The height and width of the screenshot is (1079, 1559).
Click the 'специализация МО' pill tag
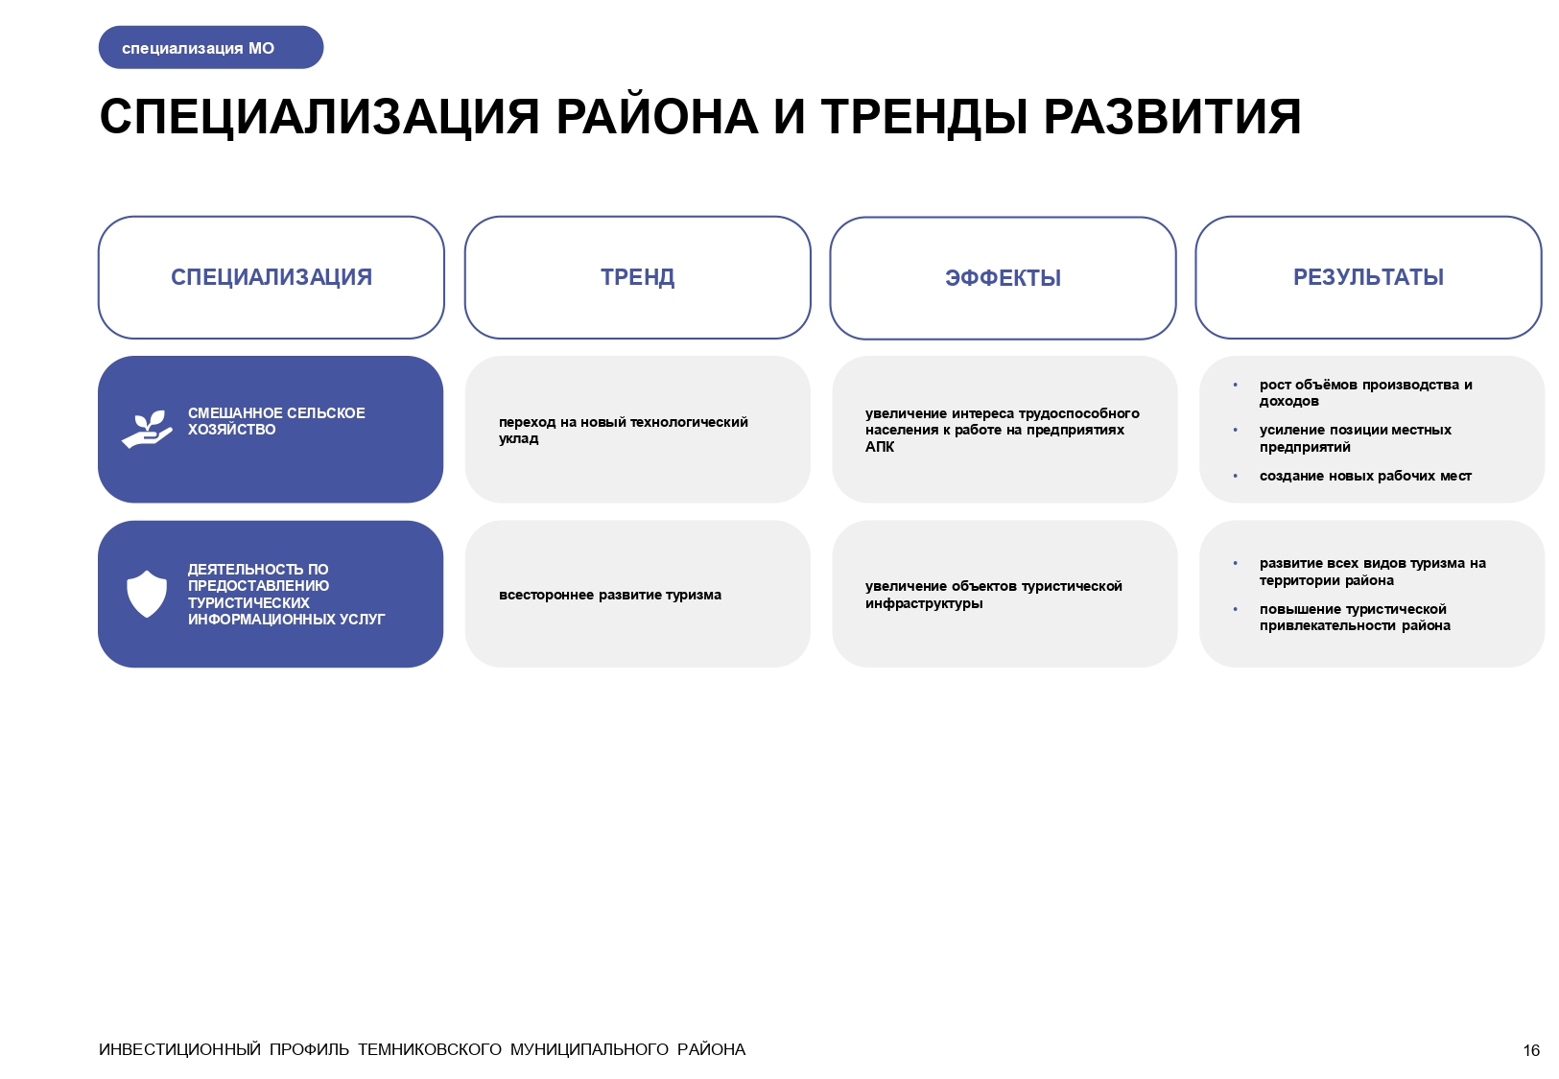click(x=210, y=48)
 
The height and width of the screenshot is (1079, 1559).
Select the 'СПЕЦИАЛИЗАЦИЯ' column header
click(x=272, y=277)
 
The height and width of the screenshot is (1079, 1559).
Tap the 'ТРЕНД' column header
click(x=637, y=277)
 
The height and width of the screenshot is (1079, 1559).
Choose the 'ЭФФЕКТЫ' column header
click(x=1003, y=278)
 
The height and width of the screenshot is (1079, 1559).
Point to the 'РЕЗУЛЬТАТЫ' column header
click(x=1368, y=277)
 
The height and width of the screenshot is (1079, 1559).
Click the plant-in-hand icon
click(x=147, y=429)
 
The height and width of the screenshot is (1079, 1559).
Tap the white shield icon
click(x=147, y=594)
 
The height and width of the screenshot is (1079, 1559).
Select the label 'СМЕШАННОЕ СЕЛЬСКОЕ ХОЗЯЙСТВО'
click(x=276, y=421)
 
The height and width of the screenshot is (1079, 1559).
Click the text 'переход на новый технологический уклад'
click(x=623, y=430)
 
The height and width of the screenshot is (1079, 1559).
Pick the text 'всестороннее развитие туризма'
click(x=610, y=595)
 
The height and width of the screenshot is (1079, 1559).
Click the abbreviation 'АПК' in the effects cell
click(x=880, y=447)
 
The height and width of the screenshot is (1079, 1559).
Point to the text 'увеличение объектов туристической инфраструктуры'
click(x=993, y=595)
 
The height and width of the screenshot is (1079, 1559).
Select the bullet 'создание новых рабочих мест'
click(x=1365, y=476)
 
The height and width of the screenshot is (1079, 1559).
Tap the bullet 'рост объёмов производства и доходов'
click(x=1365, y=392)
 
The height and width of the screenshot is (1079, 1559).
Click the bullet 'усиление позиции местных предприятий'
click(x=1355, y=438)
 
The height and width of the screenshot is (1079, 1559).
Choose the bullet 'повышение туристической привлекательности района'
click(x=1354, y=617)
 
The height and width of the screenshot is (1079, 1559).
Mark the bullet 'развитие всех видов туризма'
click(x=1372, y=572)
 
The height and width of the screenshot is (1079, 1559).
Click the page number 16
click(x=1531, y=1050)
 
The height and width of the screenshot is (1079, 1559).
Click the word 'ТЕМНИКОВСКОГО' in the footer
click(x=430, y=1049)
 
